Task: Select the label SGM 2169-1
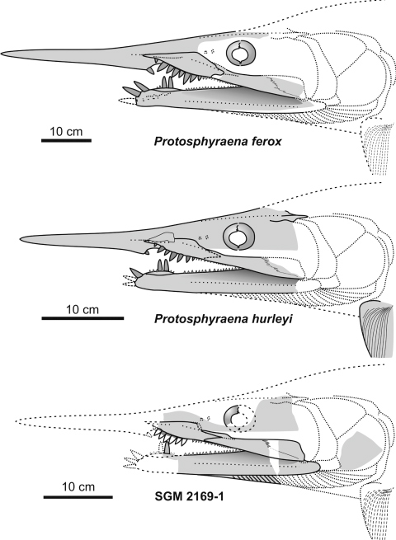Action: (189, 496)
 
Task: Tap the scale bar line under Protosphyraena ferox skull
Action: (66, 140)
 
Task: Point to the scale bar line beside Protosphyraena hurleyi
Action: (82, 318)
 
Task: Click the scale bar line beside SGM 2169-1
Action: (78, 497)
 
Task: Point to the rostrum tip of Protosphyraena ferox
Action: (2, 54)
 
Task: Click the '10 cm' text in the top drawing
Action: (66, 131)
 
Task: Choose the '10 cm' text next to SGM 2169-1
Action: (78, 487)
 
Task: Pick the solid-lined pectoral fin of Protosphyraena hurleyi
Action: (375, 330)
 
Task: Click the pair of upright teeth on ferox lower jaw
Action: (167, 82)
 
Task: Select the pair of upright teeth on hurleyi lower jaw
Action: (163, 265)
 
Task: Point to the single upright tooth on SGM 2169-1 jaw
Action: (167, 448)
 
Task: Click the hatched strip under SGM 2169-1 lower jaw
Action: (256, 479)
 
